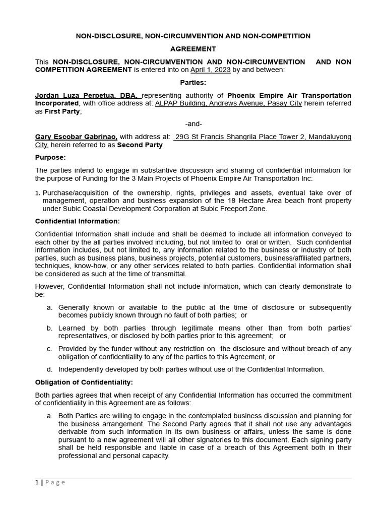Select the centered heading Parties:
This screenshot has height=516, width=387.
click(193, 83)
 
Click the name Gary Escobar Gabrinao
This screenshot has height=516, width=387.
click(76, 137)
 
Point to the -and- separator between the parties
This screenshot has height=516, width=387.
click(193, 124)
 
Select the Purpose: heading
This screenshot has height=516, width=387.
click(50, 157)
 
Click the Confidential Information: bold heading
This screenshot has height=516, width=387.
click(77, 221)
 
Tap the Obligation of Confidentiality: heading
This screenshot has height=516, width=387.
click(84, 382)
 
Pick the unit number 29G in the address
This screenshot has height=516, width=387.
click(182, 137)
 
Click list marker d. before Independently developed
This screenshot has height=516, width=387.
click(49, 369)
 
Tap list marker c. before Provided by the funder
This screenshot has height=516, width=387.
click(49, 349)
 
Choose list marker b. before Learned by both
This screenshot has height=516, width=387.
click(49, 328)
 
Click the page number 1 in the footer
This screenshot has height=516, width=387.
click(37, 482)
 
